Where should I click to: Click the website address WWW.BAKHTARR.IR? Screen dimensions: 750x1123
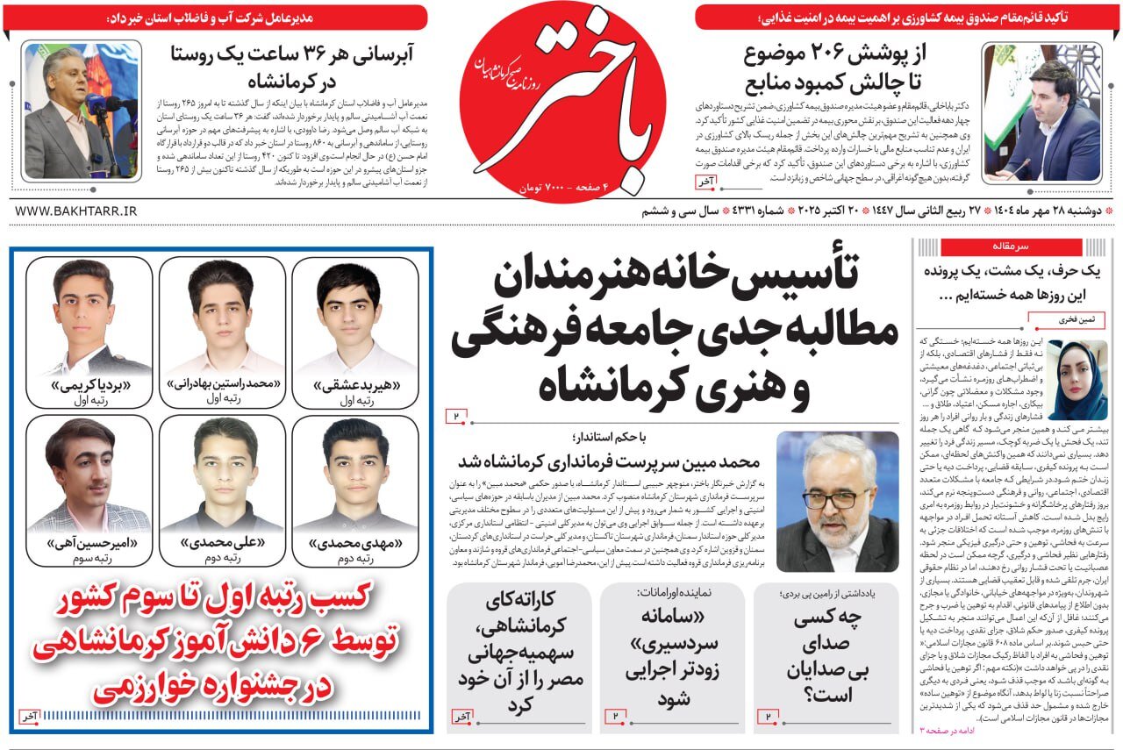pyautogui.click(x=76, y=211)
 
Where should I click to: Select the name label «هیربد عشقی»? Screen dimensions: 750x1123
pyautogui.click(x=354, y=384)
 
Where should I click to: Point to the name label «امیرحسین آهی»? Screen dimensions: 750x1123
pyautogui.click(x=89, y=544)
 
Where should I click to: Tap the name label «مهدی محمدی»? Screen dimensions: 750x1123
pyautogui.click(x=354, y=544)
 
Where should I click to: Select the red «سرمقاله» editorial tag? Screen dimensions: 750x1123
pyautogui.click(x=1011, y=246)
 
